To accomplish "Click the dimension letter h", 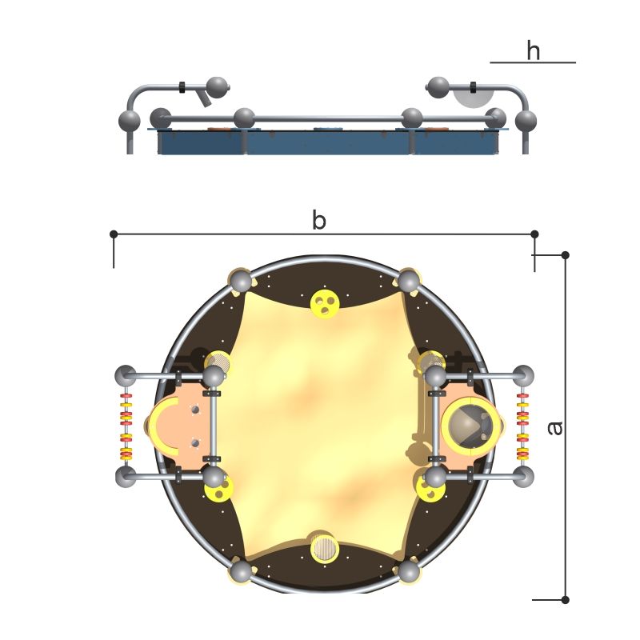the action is [x=533, y=50].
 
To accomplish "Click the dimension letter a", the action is [x=554, y=428].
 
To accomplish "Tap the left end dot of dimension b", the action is [x=114, y=234].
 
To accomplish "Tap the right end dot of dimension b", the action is [x=534, y=234].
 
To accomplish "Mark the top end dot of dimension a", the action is [x=566, y=255].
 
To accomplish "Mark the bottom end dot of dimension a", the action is [x=566, y=599].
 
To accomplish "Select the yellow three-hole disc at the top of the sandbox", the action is [x=325, y=304].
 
